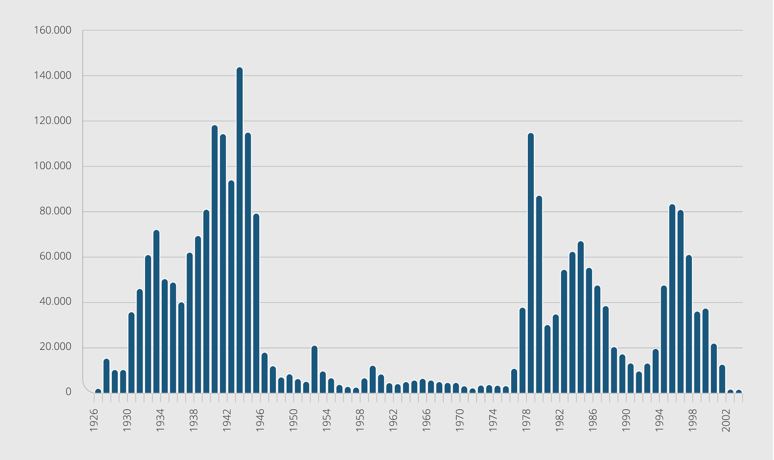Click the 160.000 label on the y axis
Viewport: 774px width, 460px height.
[52, 30]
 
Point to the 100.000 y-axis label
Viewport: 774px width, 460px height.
[52, 166]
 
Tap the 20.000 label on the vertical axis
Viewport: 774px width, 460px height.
[55, 347]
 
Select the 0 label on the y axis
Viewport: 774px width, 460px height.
[68, 392]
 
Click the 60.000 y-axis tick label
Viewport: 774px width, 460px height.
[55, 256]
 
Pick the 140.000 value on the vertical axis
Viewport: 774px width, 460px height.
[52, 75]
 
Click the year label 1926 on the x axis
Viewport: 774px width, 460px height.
[94, 420]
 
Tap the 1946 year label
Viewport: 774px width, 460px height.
[260, 420]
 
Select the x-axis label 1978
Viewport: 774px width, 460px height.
[526, 420]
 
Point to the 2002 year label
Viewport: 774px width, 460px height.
[726, 420]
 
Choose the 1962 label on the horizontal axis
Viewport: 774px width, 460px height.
[393, 420]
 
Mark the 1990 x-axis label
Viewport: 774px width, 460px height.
[626, 420]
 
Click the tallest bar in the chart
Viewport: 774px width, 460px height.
[239, 230]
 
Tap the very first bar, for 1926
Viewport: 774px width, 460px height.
[98, 391]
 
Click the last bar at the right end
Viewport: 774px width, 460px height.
[739, 391]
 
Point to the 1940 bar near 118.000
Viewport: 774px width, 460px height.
[215, 259]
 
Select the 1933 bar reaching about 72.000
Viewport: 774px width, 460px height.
[156, 311]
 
